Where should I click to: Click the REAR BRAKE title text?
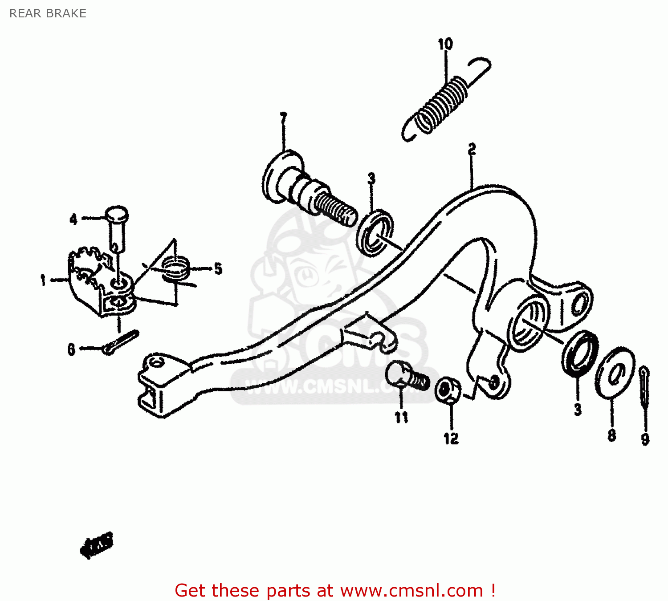coord(48,13)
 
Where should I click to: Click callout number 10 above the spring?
coord(445,44)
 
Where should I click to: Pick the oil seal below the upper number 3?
coord(375,232)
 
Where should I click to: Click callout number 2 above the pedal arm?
coord(472,149)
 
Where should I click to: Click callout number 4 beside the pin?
coord(73,219)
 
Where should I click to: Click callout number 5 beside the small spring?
coord(218,268)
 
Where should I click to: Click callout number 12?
coord(451,439)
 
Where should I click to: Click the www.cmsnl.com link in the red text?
coord(412,591)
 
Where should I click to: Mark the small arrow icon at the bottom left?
coord(97,544)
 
